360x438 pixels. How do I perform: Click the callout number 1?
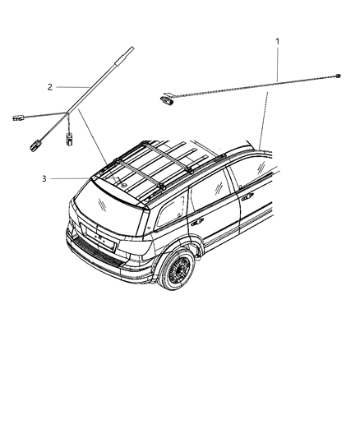pyautogui.click(x=277, y=40)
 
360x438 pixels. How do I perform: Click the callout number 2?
pyautogui.click(x=50, y=86)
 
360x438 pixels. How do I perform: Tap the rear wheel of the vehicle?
pyautogui.click(x=178, y=271)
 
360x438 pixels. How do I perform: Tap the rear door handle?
pyautogui.click(x=197, y=223)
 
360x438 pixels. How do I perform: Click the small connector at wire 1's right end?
pyautogui.click(x=339, y=76)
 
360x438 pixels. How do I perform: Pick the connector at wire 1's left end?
pyautogui.click(x=167, y=99)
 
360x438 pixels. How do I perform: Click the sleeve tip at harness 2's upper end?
pyautogui.click(x=131, y=53)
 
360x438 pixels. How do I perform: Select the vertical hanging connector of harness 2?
pyautogui.click(x=72, y=142)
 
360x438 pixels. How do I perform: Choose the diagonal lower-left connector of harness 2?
pyautogui.click(x=37, y=146)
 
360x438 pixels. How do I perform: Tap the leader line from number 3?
pyautogui.click(x=70, y=178)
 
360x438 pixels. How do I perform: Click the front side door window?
pyautogui.click(x=251, y=173)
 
